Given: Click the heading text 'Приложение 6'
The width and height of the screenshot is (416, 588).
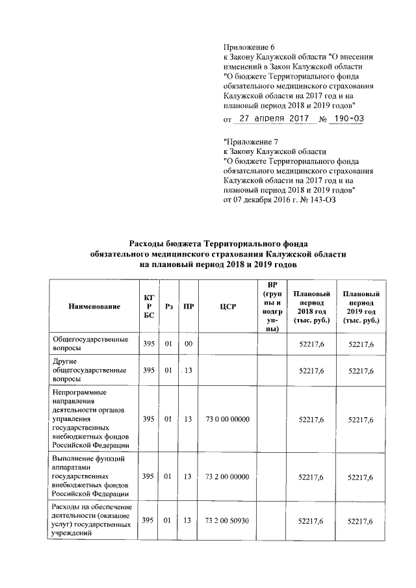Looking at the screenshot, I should click(x=250, y=47).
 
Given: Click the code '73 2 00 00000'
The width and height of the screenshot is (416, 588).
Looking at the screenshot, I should click(x=227, y=477).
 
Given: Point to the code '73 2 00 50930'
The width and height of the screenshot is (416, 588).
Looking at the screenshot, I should click(x=227, y=521).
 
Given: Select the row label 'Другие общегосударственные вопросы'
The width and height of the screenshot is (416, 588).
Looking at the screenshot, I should click(x=89, y=370).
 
